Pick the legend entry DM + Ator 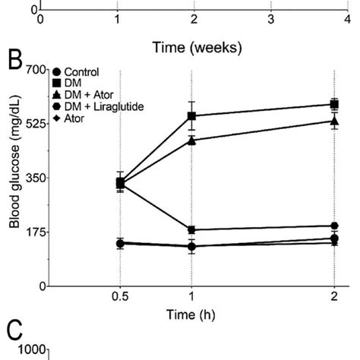pos(87,96)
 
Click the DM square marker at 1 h pos(192,116)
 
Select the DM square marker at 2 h pos(335,104)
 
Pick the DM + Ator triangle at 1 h pos(192,141)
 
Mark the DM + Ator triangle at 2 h pos(335,121)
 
